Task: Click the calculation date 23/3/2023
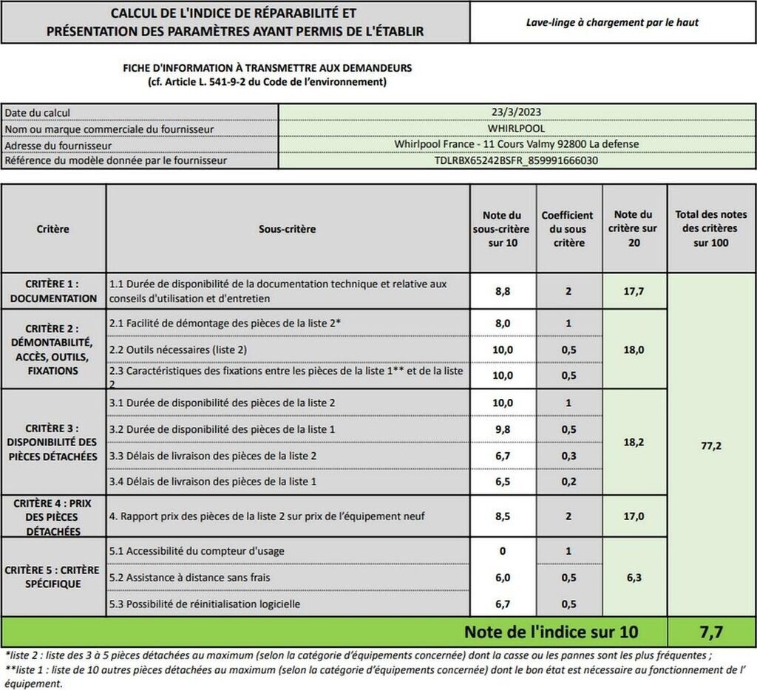pos(516,112)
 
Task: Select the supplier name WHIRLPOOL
pos(516,128)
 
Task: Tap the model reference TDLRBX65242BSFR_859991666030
pos(516,160)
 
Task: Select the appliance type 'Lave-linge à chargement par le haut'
pos(612,22)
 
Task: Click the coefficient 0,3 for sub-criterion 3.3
pos(568,456)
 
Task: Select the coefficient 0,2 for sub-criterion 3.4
pos(568,482)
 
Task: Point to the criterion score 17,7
pos(634,292)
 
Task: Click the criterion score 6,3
pos(634,577)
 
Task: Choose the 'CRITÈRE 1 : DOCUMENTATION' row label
pos(53,291)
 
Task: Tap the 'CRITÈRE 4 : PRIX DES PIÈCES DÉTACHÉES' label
pos(53,516)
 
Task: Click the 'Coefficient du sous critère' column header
pos(568,229)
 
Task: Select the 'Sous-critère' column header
pos(287,229)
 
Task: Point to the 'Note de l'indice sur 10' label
pos(551,632)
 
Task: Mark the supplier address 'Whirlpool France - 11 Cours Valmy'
pos(516,144)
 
